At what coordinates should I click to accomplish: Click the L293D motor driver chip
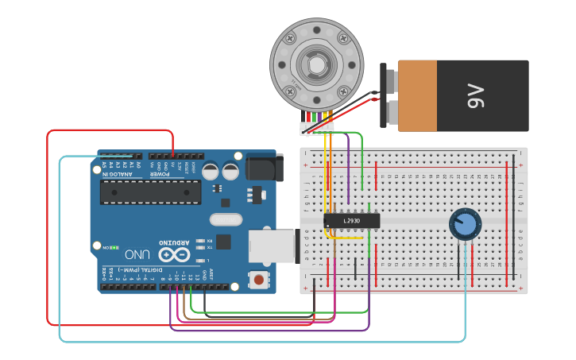352,220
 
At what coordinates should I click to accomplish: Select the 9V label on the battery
475,96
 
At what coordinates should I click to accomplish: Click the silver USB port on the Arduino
271,246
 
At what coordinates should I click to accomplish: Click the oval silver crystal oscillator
225,219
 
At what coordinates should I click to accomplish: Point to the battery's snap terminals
389,96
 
